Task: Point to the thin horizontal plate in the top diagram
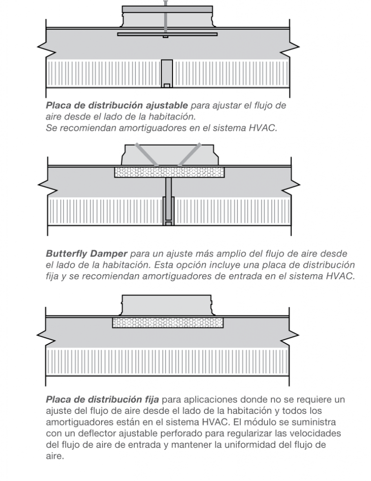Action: [x=167, y=34]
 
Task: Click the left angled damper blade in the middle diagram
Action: [x=147, y=154]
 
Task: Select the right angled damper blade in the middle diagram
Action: [x=190, y=154]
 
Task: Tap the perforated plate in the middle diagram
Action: [x=169, y=172]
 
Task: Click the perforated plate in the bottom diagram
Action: [x=167, y=322]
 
